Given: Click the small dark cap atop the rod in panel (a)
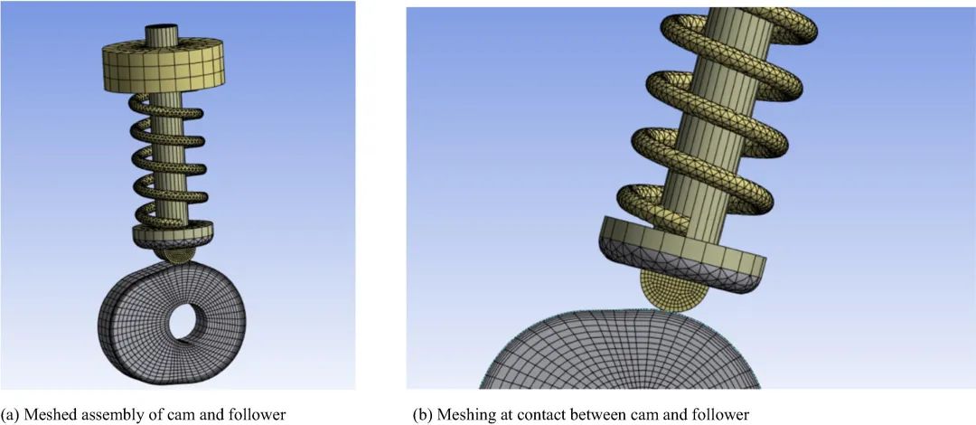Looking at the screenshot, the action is click(x=162, y=30).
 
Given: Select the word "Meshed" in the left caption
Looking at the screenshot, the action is click(x=54, y=415).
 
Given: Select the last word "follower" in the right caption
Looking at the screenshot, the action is click(x=722, y=415).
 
